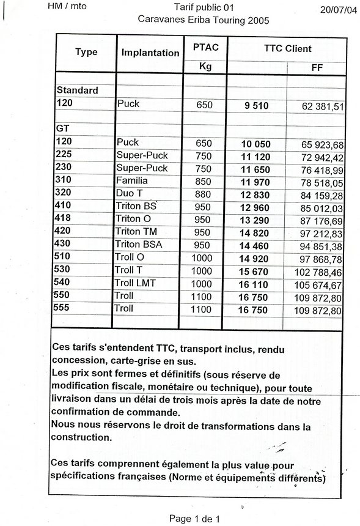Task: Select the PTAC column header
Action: click(x=205, y=48)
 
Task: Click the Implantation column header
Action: click(x=150, y=53)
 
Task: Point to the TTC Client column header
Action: click(x=288, y=48)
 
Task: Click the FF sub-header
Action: click(x=317, y=67)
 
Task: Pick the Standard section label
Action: click(x=77, y=91)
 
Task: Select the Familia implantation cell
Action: click(x=132, y=181)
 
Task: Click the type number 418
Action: click(x=64, y=219)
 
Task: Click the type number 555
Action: click(x=64, y=309)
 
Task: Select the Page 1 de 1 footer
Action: click(x=194, y=519)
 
